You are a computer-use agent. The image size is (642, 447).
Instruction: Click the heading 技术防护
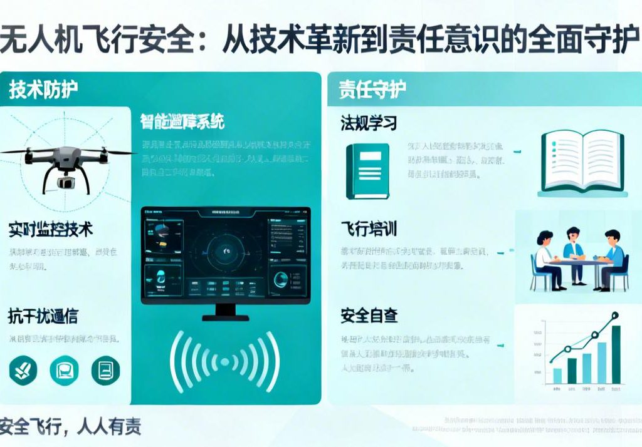pos(43,90)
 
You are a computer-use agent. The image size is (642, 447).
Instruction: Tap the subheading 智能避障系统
pos(182,121)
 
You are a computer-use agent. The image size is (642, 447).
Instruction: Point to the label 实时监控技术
pos(51,229)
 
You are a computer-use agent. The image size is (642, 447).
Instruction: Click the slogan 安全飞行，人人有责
pos(70,426)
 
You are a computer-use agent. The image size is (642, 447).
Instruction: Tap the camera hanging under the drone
pos(65,181)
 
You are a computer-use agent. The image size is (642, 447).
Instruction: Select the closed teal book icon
pos(367,171)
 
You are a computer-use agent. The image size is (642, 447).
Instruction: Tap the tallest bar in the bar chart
pos(616,354)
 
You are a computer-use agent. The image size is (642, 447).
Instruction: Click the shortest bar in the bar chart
pos(557,376)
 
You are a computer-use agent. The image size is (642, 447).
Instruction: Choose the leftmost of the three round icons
pos(23,369)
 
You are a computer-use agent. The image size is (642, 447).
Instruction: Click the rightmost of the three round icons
pos(105,369)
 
